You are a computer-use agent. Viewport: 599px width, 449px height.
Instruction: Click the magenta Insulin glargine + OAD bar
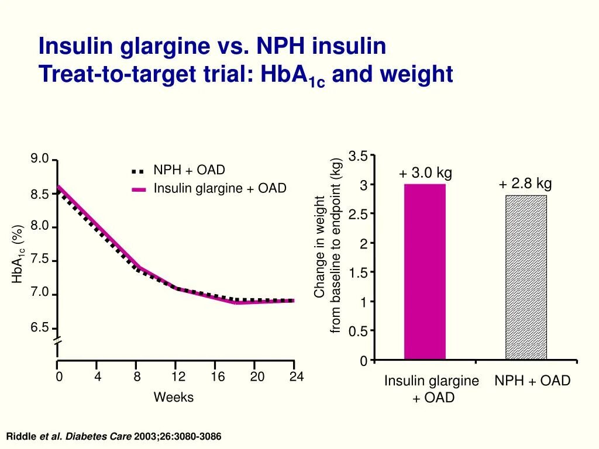(425, 271)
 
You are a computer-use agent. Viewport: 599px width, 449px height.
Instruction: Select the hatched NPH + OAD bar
(526, 277)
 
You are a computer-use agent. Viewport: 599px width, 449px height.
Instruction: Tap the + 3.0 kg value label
(425, 173)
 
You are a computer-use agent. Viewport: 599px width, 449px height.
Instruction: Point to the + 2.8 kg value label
(525, 184)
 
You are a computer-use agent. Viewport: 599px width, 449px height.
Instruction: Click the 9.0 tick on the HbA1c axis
(40, 159)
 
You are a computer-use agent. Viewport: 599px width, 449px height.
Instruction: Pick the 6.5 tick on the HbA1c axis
(40, 327)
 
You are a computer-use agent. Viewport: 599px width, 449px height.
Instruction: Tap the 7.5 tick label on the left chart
(40, 260)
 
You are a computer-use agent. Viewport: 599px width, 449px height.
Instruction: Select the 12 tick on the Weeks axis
(178, 377)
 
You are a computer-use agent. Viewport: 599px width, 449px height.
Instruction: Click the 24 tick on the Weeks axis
(296, 377)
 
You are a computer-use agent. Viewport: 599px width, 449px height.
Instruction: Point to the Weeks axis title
(173, 398)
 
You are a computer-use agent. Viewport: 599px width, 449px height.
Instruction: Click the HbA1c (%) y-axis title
(18, 254)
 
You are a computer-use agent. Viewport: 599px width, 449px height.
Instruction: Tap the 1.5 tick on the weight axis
(359, 272)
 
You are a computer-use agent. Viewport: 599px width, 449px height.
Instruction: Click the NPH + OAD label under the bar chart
(532, 381)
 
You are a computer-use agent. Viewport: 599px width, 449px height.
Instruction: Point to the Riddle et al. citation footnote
(113, 437)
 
